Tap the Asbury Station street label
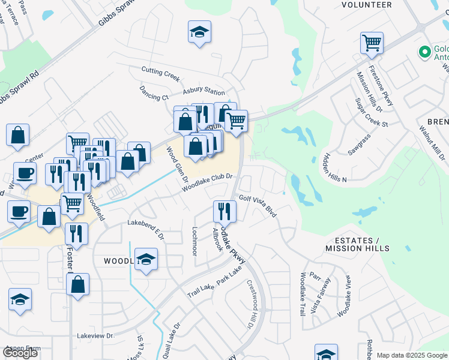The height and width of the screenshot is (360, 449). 203,91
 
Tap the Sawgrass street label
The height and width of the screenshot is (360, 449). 358,145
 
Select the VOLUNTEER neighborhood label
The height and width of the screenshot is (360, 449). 366,5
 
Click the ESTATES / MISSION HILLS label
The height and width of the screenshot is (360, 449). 357,244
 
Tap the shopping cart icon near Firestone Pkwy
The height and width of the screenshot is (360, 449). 372,43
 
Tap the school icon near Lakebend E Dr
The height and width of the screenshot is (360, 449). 145,260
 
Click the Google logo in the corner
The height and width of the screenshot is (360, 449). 20,353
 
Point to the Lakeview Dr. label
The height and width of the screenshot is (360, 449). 95,336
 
